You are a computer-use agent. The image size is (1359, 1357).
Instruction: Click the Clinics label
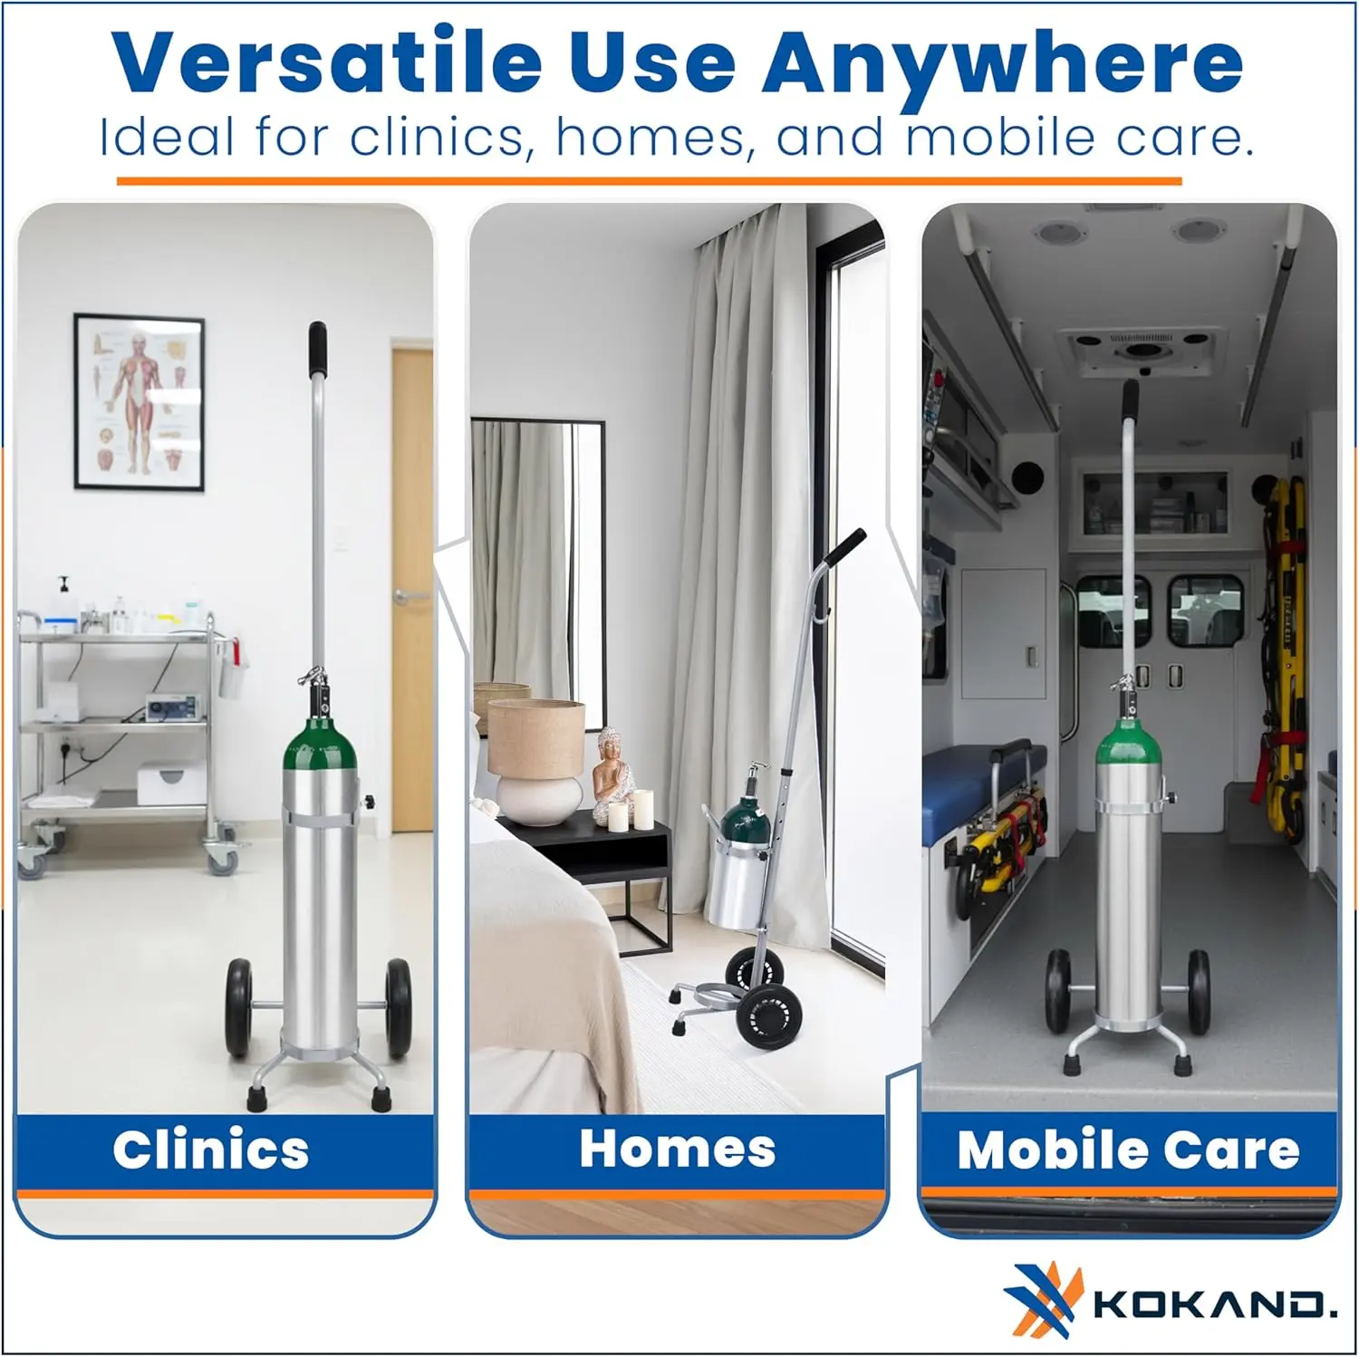tap(211, 1150)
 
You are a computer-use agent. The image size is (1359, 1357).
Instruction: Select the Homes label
tap(678, 1149)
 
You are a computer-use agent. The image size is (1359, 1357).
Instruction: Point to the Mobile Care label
tap(1129, 1150)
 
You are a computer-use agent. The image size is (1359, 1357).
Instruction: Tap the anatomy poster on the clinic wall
tap(140, 402)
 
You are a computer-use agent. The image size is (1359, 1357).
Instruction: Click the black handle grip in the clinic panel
tap(317, 349)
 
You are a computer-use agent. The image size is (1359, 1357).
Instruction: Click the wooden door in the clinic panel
tap(413, 589)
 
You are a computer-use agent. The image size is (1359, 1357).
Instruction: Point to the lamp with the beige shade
tap(536, 761)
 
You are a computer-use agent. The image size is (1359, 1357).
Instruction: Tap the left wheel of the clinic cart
tap(238, 1008)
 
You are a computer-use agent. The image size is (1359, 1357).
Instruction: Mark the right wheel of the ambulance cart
tap(1199, 992)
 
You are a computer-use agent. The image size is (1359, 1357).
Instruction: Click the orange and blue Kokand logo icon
tap(1044, 1300)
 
